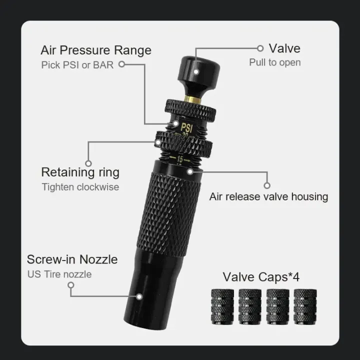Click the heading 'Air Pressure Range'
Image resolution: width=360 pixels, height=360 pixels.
click(95, 50)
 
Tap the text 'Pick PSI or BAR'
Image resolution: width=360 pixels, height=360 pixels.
click(77, 65)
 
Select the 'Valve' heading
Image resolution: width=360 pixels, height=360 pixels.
click(284, 48)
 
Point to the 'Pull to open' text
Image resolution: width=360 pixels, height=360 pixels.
click(275, 62)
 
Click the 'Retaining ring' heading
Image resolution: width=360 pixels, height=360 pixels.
click(80, 172)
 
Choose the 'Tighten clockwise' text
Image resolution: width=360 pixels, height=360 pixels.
click(80, 187)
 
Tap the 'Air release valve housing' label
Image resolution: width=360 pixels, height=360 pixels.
click(268, 196)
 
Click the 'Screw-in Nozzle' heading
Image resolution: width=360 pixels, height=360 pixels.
click(72, 259)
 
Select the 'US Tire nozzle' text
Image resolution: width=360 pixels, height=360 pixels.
click(59, 273)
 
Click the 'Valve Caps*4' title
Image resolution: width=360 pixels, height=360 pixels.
click(261, 276)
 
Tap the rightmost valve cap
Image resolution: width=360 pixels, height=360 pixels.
click(304, 306)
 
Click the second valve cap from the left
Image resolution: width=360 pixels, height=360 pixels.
click(250, 306)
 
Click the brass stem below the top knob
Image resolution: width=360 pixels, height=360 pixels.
click(191, 99)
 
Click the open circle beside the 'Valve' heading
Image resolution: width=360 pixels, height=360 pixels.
click(260, 48)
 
